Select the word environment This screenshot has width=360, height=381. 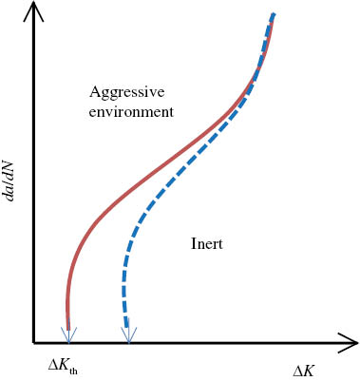pos(131,111)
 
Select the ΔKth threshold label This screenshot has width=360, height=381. pos(67,364)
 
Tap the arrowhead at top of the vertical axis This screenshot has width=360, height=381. pos(33,12)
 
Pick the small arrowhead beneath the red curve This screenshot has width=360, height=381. pos(67,333)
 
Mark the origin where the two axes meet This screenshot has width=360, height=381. pos(33,341)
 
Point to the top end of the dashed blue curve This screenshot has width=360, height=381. pos(274,14)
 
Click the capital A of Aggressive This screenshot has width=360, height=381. pos(94,92)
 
